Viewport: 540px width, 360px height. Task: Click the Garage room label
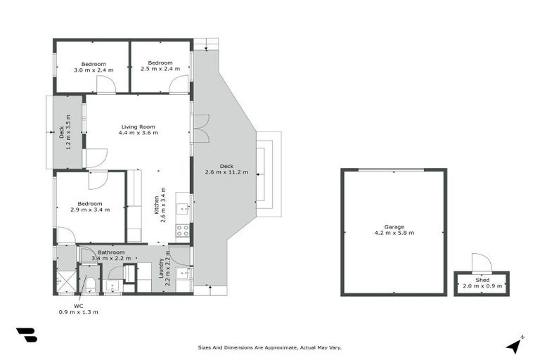click(394, 227)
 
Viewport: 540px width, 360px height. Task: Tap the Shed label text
click(482, 280)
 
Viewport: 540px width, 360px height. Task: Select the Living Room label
click(138, 127)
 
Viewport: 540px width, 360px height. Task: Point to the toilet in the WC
click(91, 283)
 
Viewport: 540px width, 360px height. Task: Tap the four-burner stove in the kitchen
click(182, 230)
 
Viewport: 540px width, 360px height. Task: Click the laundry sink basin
click(182, 274)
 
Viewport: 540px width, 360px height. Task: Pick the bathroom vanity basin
click(112, 287)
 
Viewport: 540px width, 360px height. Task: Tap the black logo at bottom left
click(26, 335)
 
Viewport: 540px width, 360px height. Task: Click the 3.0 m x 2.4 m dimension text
click(93, 70)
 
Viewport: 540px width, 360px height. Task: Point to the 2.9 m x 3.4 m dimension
click(89, 210)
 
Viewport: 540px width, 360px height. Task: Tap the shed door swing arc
click(480, 262)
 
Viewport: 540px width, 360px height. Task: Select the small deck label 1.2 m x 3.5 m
click(65, 131)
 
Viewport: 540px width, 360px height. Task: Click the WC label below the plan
click(79, 306)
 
